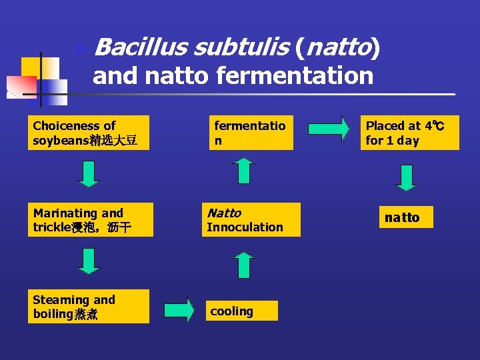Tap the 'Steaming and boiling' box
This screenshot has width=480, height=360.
88,307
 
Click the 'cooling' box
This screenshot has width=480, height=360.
241,311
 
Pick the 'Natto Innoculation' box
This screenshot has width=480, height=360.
251,220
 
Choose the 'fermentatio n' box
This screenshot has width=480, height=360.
251,133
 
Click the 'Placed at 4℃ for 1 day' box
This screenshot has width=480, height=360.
409,133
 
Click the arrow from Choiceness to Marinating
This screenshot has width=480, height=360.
89,174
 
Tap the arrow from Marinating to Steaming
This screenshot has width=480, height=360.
89,261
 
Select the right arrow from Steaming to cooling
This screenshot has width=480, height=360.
179,310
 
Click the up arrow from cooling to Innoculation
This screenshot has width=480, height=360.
244,265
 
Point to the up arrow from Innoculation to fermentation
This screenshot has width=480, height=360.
244,171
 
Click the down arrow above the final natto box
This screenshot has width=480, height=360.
406,177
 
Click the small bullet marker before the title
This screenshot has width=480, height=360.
80,49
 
